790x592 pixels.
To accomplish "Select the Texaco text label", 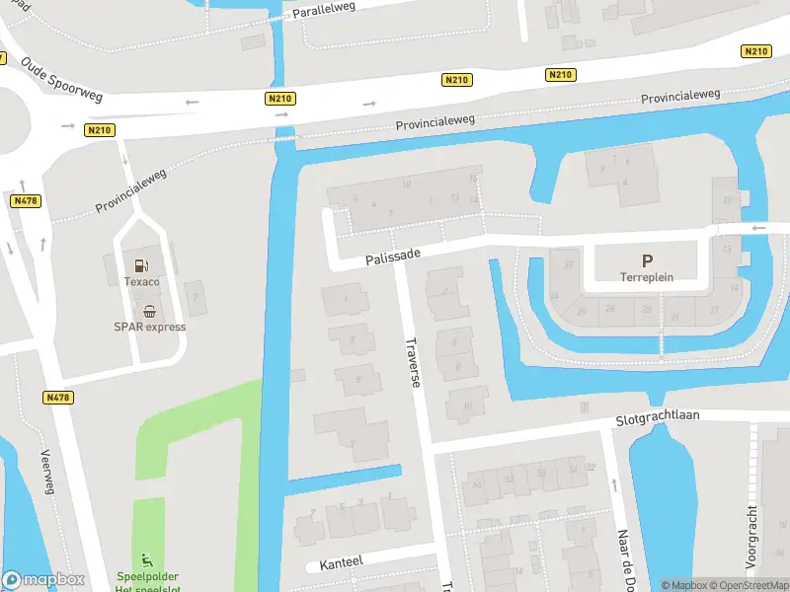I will [141, 282].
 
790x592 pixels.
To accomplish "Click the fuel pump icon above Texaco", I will [141, 264].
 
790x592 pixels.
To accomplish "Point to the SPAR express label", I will [149, 327].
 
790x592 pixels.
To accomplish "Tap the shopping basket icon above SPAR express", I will [149, 310].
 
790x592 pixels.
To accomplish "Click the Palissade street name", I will [392, 257].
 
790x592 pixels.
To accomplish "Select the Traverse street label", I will [413, 362].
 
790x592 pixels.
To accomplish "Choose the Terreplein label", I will [647, 277].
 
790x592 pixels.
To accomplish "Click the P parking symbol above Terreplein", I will [647, 260].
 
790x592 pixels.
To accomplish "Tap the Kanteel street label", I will [341, 562].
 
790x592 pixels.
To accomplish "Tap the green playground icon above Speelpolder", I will [149, 559].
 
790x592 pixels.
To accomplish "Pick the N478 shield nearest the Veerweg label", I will [58, 397].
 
